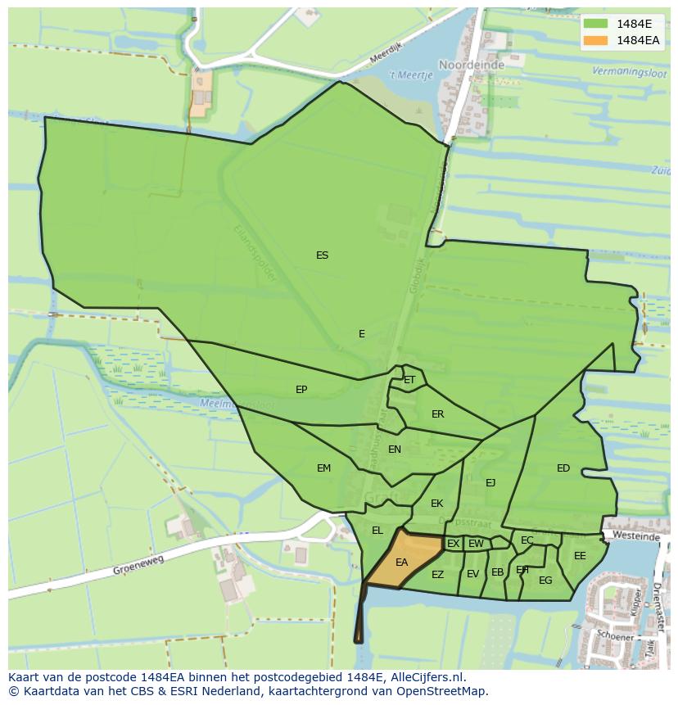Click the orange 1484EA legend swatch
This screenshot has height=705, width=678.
(595, 40)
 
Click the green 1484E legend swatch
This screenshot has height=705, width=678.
(595, 23)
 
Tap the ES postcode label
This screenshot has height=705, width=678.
(322, 255)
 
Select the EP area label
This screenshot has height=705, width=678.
(301, 390)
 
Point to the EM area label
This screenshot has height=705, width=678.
(323, 468)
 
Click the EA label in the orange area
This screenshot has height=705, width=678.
(401, 563)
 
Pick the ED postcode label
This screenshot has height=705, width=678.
(563, 468)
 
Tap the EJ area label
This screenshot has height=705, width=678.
(490, 482)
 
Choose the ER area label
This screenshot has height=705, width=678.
(437, 414)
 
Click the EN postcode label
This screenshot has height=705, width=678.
(395, 450)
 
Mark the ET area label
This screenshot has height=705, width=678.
(409, 380)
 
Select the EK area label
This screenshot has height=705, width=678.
(436, 504)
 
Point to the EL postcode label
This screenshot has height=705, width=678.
(377, 531)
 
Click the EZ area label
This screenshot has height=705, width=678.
(437, 575)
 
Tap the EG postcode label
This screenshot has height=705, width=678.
(545, 581)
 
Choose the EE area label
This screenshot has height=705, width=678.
(580, 556)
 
